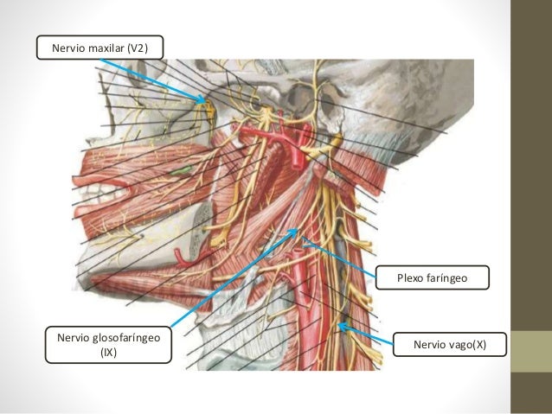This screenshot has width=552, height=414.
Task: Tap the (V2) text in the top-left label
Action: (x=138, y=48)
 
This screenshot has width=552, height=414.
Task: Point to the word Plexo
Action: (x=412, y=278)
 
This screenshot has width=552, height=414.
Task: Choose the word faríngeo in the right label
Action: (x=449, y=278)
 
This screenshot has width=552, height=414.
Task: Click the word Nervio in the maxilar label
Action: (x=69, y=48)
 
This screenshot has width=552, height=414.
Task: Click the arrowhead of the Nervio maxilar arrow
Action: (x=207, y=101)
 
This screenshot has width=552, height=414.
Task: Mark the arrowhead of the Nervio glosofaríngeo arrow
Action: (x=298, y=229)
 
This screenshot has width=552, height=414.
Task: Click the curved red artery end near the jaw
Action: (x=177, y=257)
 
